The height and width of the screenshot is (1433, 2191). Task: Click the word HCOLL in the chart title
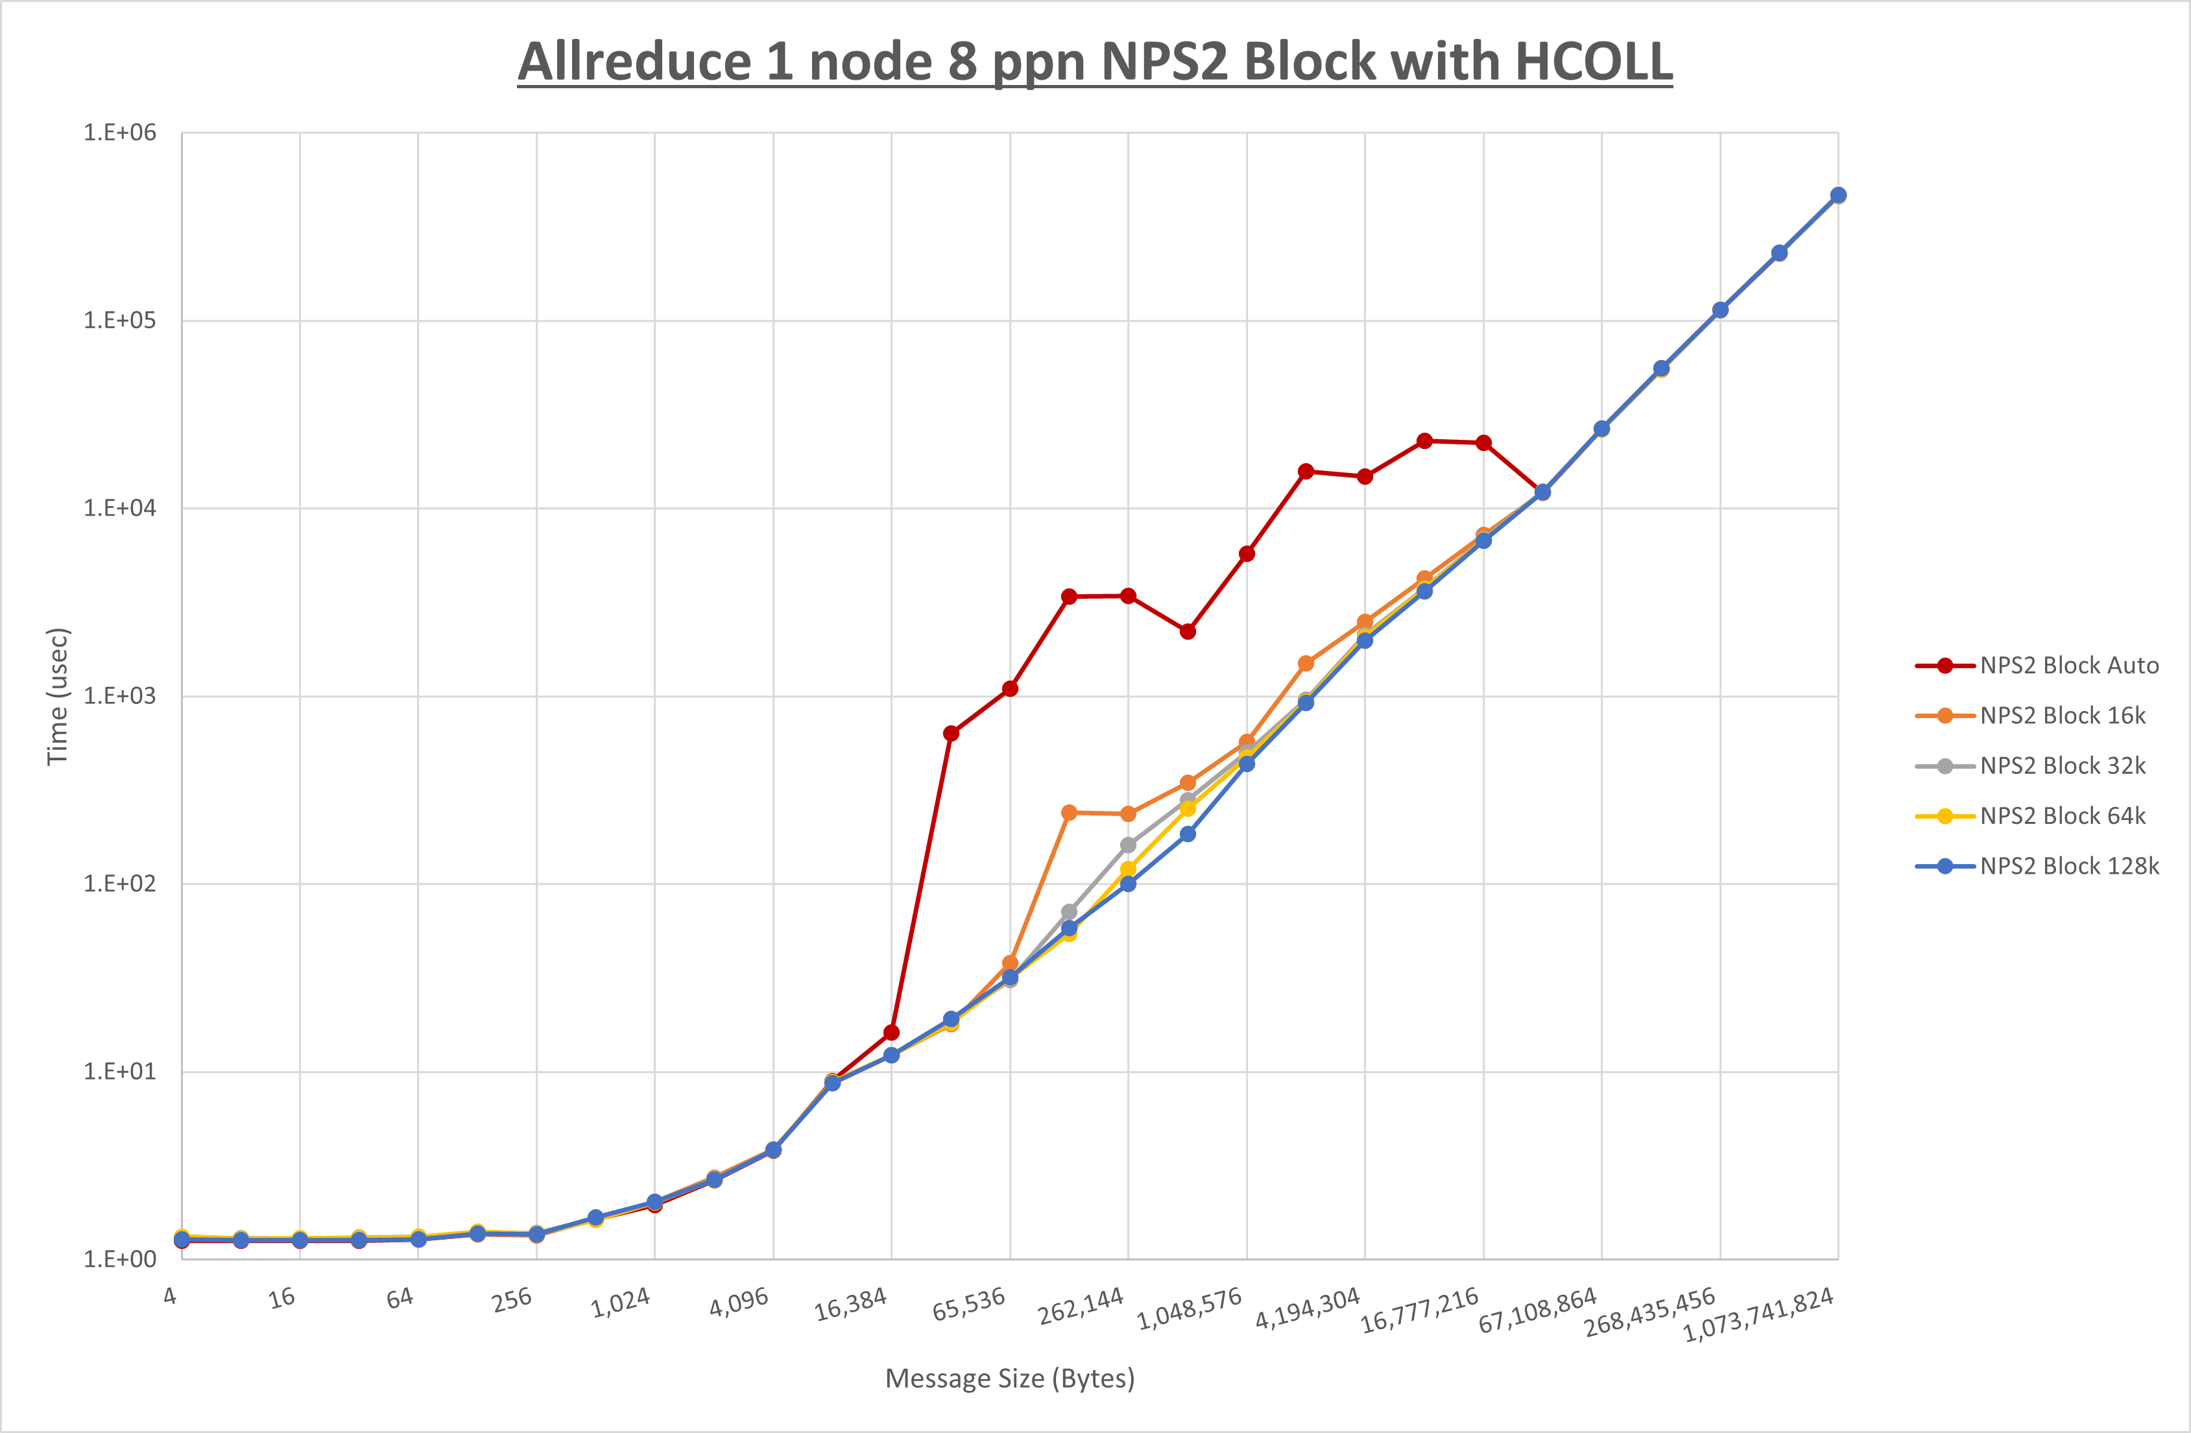pos(1592,63)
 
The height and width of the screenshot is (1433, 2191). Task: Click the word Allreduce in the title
pos(635,63)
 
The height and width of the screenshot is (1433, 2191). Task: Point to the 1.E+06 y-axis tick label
pos(120,132)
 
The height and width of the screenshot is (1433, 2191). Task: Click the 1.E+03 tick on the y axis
pos(120,696)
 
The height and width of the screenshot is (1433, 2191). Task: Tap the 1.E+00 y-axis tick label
pos(120,1259)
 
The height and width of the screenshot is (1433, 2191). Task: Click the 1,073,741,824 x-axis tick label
pos(1758,1315)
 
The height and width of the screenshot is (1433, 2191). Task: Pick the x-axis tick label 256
pos(512,1299)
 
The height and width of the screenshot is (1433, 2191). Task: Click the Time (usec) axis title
pos(57,696)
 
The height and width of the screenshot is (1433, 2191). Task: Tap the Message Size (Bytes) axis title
pos(1010,1379)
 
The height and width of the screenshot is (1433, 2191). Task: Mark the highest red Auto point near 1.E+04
pos(1424,441)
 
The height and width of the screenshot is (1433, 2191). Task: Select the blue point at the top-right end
pos(1838,195)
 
